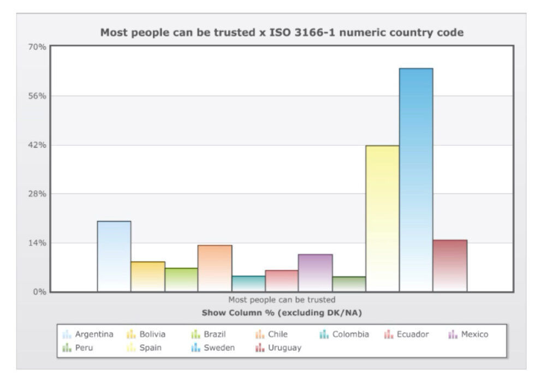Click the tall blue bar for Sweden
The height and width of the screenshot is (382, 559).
tap(416, 180)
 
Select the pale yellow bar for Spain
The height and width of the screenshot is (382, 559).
tap(382, 218)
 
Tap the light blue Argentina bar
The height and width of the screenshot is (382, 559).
tap(114, 256)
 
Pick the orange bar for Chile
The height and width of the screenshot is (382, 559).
tap(215, 268)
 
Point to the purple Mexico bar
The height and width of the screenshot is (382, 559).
tap(315, 272)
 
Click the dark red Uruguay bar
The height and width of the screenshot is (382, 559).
tap(450, 265)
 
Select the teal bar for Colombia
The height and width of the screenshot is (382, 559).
tap(248, 283)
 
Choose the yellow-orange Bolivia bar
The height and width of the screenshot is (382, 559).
tap(147, 276)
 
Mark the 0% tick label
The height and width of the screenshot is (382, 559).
tap(40, 291)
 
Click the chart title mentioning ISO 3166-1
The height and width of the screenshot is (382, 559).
tap(282, 32)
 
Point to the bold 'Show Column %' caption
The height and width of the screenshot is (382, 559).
tap(282, 313)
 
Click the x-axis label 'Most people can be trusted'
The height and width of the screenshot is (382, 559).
tap(282, 300)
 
